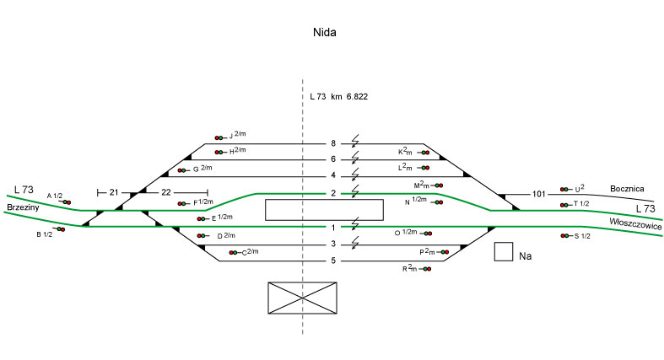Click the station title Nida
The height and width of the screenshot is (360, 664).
click(325, 33)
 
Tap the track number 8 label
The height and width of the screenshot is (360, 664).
click(333, 143)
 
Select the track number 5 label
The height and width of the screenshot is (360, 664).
click(333, 261)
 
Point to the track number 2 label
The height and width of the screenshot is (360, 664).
click(333, 193)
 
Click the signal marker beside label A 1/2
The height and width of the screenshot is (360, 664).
click(65, 202)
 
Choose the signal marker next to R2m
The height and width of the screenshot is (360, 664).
click(425, 269)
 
